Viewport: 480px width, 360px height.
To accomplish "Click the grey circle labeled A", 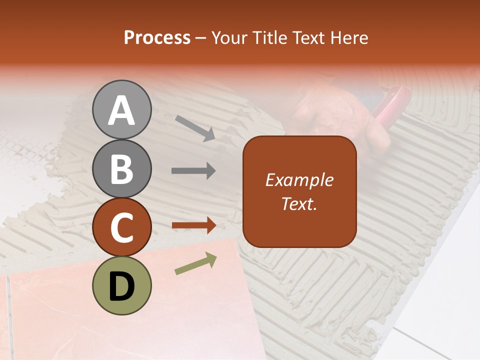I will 121,109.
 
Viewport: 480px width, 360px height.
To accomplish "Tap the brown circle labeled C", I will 121,227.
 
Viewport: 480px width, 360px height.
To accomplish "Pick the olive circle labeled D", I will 121,285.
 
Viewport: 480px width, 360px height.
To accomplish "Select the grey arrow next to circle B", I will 193,171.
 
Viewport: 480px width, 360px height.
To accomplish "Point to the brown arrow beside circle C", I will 193,225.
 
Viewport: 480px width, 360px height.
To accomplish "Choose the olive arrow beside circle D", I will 195,264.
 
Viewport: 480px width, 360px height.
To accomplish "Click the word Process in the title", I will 157,38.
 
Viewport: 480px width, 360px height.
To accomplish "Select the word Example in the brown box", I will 299,180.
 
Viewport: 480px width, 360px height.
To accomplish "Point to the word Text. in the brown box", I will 299,203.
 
